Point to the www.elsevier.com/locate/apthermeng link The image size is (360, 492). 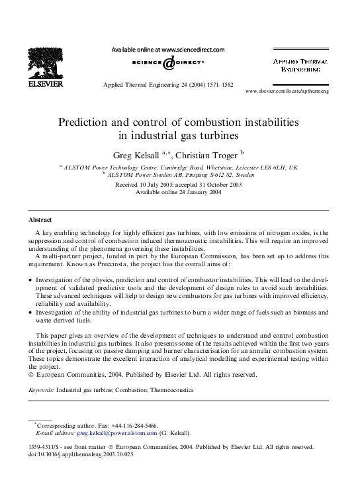pyautogui.click(x=287, y=90)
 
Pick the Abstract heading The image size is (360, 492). pyautogui.click(x=40, y=219)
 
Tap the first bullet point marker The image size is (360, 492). pyautogui.click(x=30, y=281)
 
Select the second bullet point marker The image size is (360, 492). pyautogui.click(x=30, y=311)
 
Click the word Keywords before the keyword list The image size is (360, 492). pyautogui.click(x=41, y=391)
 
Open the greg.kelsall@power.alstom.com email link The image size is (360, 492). pyautogui.click(x=117, y=433)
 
